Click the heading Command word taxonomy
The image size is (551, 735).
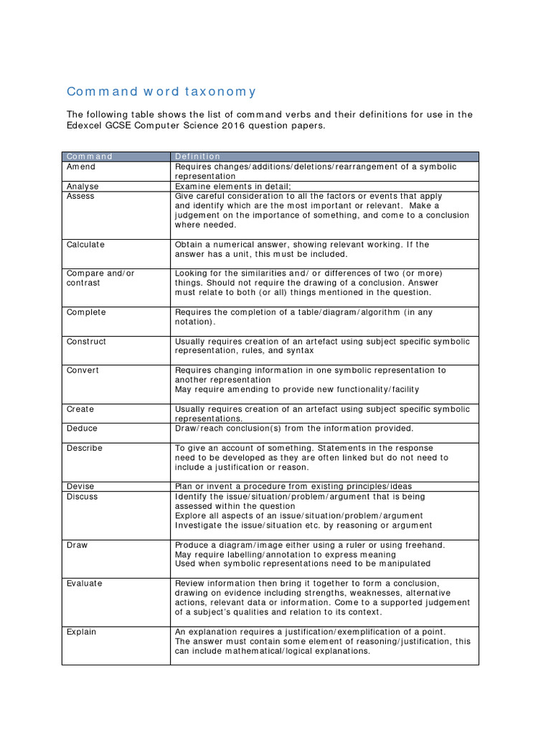[161, 92]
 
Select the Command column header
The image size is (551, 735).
[90, 156]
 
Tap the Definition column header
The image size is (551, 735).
[198, 156]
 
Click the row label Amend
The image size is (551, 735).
[81, 167]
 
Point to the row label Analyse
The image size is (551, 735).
[83, 186]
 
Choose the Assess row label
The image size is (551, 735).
[80, 196]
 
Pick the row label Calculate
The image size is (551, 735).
[85, 245]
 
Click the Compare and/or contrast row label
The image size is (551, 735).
[100, 278]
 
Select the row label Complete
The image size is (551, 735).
[86, 312]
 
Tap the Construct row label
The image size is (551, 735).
[86, 342]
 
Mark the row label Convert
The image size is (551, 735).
[83, 370]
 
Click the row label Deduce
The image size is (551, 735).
[83, 429]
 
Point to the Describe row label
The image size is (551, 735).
[85, 448]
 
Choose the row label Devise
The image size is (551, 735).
[80, 487]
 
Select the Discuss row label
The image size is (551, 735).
[83, 497]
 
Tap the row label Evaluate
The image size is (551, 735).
[85, 584]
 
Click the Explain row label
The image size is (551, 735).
[82, 632]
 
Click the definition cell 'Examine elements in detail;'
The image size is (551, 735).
[230, 186]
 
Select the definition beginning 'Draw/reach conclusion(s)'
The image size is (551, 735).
[294, 429]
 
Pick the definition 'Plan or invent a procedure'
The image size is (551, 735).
[293, 487]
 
